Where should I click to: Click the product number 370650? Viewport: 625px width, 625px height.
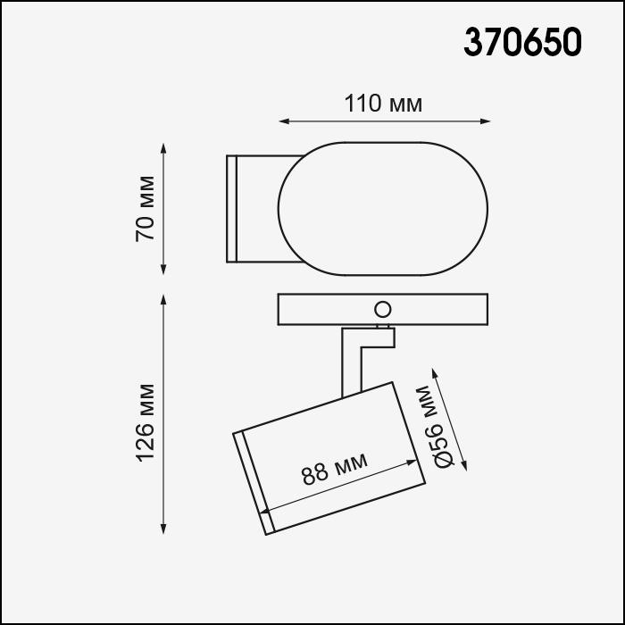pos(522,40)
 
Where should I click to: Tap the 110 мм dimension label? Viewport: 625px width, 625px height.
pos(383,104)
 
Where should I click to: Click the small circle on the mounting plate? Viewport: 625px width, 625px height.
pos(382,310)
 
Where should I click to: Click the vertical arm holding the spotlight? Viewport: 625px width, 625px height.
pos(351,362)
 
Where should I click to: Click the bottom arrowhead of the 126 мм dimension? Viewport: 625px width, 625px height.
pos(163,531)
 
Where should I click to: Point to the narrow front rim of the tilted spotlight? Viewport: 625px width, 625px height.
pos(253,483)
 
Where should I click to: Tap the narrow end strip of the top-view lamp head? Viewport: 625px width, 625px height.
pos(231,209)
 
